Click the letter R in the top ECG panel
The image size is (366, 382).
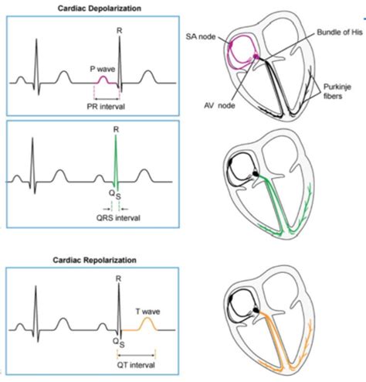pyautogui.click(x=118, y=30)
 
